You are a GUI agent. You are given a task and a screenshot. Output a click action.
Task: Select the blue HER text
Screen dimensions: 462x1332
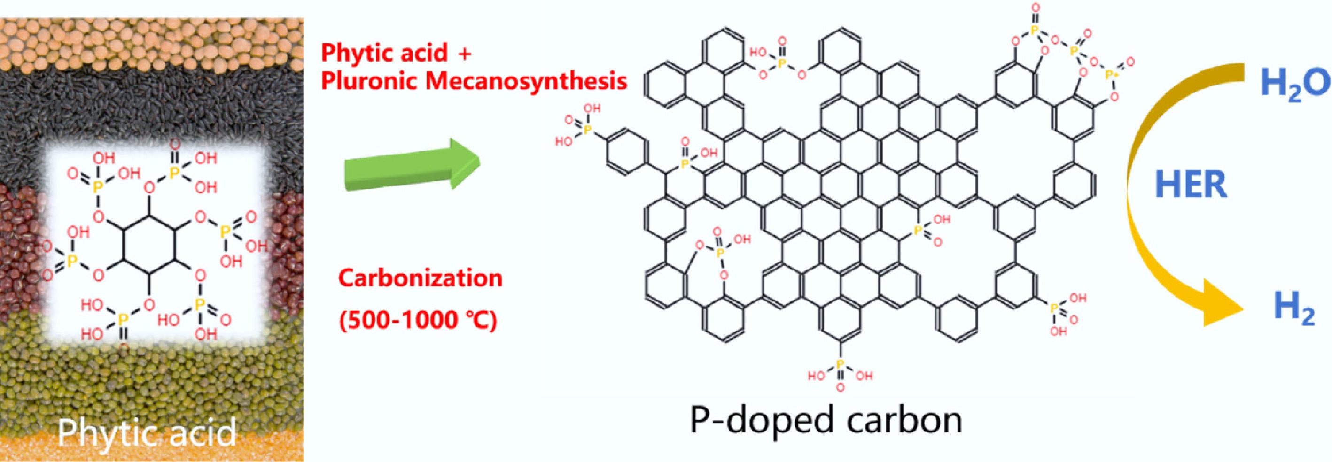click(1190, 185)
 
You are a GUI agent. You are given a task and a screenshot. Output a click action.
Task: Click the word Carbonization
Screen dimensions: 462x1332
click(420, 278)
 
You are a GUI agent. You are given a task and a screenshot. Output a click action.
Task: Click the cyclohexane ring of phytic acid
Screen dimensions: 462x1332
click(149, 244)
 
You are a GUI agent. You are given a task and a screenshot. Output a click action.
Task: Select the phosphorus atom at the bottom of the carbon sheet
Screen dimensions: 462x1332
click(840, 365)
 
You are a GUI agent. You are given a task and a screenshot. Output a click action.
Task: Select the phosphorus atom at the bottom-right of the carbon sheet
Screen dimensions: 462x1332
click(1054, 308)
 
